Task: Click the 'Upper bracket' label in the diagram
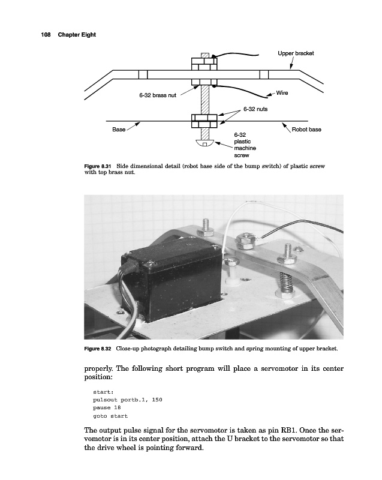point(296,53)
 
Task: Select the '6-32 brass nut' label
point(157,96)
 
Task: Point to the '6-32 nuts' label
point(255,109)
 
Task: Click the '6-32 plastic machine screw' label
point(244,144)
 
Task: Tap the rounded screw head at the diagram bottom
point(205,143)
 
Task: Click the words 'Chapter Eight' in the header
point(77,34)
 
